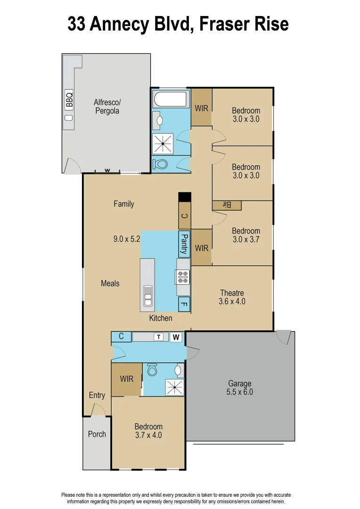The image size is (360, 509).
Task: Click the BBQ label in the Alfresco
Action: pos(69,100)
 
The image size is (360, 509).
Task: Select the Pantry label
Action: pos(184,244)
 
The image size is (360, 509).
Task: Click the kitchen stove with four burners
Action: pos(182,277)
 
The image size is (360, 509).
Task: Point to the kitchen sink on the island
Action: pos(148,293)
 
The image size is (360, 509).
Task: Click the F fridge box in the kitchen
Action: pos(184,304)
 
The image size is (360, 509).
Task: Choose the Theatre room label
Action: pos(232,293)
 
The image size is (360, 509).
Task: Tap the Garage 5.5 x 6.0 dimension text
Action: pos(240,392)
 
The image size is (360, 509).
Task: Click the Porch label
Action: pos(97,434)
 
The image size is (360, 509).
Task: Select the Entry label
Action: pos(97,395)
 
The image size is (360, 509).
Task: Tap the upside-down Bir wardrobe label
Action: pos(227,205)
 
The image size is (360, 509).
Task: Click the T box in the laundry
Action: pos(159,337)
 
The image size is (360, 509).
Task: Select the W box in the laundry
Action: pos(176,337)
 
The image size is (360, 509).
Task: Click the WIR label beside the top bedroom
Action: pos(201,108)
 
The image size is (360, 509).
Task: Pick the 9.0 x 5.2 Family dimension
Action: pos(127,239)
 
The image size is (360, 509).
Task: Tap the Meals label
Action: pos(110,283)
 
